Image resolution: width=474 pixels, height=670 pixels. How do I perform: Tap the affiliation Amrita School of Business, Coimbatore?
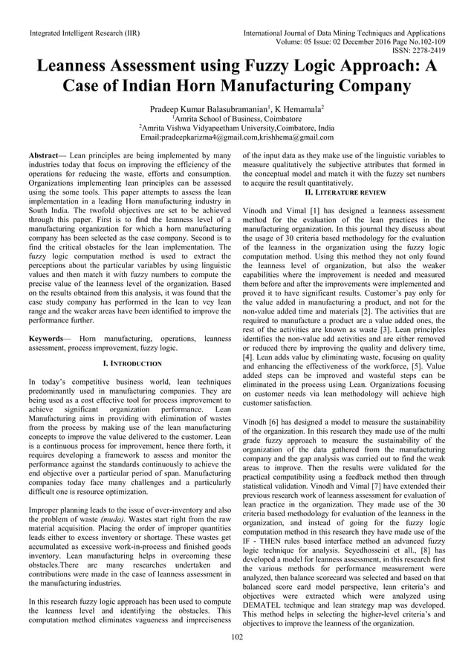coord(238,118)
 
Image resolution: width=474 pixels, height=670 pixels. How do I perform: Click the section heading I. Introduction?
coord(132,363)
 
